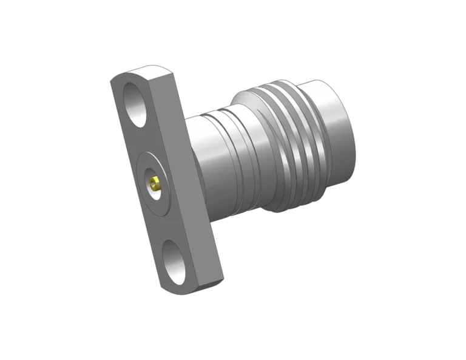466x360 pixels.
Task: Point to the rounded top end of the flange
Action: tap(124, 75)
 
